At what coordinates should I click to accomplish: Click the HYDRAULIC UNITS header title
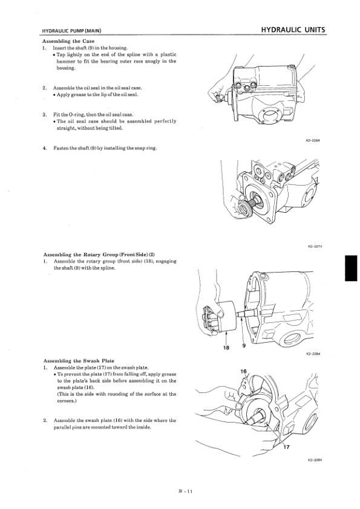[293, 30]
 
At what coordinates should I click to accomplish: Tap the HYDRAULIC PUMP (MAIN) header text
[72, 31]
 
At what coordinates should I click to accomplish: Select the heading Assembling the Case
[68, 41]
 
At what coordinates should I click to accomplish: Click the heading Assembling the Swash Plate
[79, 361]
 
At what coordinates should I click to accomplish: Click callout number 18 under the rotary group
[226, 348]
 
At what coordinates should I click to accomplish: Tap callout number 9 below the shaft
[244, 346]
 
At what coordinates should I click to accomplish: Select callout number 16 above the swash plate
[244, 372]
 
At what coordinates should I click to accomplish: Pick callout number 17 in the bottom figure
[286, 447]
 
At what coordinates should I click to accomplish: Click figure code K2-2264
[313, 141]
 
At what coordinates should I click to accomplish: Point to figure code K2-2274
[315, 247]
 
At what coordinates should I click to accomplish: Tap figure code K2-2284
[313, 354]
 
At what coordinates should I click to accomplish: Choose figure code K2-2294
[315, 460]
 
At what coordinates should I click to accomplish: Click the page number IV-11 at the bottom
[185, 491]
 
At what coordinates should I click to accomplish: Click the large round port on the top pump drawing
[271, 115]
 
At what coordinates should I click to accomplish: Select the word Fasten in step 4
[60, 148]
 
